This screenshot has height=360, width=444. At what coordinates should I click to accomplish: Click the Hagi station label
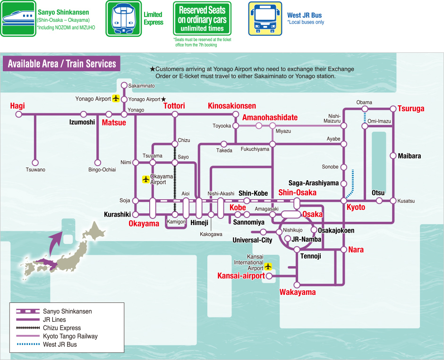click(x=17, y=106)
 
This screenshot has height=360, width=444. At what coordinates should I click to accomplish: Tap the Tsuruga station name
click(x=411, y=109)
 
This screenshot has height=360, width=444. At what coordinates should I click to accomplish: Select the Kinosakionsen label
click(x=232, y=106)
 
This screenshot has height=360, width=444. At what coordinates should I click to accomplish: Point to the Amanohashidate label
click(x=270, y=117)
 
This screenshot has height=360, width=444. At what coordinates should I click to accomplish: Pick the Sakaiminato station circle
click(x=124, y=85)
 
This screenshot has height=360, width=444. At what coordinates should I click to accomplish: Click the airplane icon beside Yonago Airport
click(x=116, y=99)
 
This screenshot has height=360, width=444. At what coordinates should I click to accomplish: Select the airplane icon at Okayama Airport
click(x=146, y=179)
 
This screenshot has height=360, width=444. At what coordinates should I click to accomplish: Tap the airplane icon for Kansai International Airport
click(x=268, y=267)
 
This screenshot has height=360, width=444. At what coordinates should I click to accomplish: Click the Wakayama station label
click(x=297, y=293)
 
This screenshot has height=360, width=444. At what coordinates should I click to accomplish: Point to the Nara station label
click(x=356, y=250)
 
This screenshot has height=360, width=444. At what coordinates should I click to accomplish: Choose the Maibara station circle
click(x=393, y=156)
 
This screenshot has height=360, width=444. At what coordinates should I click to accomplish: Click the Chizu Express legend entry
click(x=61, y=328)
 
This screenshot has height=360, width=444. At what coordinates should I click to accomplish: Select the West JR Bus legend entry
click(x=60, y=344)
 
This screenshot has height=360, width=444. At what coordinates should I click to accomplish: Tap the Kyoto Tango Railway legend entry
click(x=70, y=336)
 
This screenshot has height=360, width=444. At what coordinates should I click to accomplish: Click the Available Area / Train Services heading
click(x=62, y=64)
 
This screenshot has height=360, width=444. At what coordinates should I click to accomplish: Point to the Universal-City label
click(x=252, y=240)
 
